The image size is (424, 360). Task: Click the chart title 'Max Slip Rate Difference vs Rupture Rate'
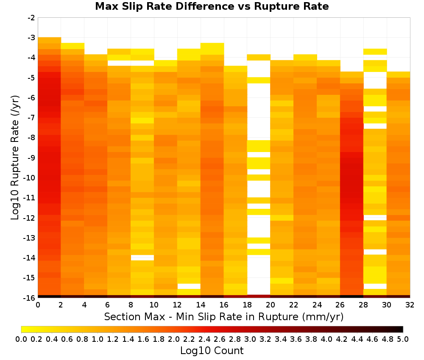click(x=212, y=6)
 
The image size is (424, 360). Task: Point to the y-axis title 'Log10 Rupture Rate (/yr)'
click(x=15, y=158)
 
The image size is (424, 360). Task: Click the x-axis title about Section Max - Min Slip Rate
click(x=223, y=316)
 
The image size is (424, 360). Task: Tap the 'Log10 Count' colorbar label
click(x=212, y=351)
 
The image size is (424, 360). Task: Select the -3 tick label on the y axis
click(x=31, y=38)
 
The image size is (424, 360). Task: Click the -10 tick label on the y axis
click(x=30, y=178)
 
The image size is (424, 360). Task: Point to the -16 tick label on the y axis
click(x=30, y=298)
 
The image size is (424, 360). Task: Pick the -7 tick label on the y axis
click(x=31, y=118)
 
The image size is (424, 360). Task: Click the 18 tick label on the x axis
click(x=247, y=305)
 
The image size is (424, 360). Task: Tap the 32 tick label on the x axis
click(x=410, y=305)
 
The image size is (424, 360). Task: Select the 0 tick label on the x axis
click(x=38, y=305)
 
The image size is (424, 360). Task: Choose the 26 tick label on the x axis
click(x=340, y=305)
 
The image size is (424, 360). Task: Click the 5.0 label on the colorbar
click(x=403, y=339)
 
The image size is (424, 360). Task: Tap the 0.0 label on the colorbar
click(x=21, y=339)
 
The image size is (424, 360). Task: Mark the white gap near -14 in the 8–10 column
click(x=142, y=258)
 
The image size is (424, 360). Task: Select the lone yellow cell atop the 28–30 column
click(x=375, y=52)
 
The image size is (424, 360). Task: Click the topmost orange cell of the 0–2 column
click(x=49, y=40)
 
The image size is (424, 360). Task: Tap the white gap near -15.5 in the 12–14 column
click(x=189, y=286)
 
